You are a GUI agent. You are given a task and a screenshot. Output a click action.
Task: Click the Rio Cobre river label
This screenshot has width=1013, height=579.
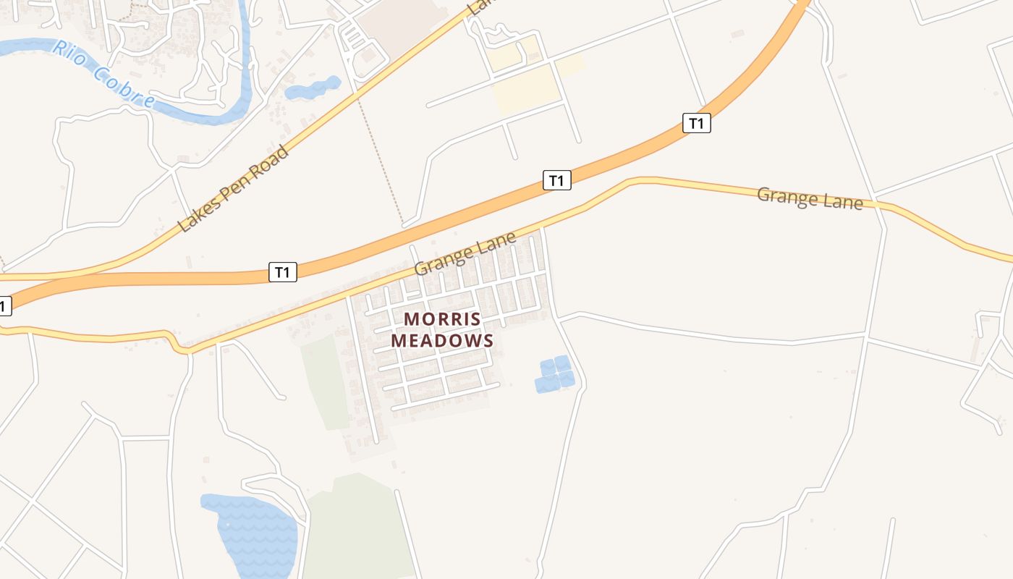[x=105, y=73]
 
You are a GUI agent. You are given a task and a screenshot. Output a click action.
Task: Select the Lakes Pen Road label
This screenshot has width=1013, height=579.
[x=233, y=190]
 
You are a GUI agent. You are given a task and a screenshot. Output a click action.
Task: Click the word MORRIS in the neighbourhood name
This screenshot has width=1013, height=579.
[x=442, y=319]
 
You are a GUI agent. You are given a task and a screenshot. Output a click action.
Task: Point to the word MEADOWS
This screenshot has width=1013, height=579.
[x=442, y=340]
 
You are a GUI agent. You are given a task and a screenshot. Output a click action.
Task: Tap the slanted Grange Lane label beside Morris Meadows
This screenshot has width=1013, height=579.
[x=465, y=253]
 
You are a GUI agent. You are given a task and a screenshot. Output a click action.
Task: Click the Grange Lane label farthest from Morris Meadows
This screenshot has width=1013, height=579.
[x=810, y=198]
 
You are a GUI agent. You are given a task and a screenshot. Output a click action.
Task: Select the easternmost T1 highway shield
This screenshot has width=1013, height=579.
[x=696, y=123]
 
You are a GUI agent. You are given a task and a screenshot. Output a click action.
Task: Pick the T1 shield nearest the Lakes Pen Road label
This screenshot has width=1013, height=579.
[x=283, y=272]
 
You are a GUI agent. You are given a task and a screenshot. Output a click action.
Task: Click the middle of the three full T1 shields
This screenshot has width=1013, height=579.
[x=556, y=180]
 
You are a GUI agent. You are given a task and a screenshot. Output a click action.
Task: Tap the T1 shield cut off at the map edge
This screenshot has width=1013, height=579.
[x=4, y=306]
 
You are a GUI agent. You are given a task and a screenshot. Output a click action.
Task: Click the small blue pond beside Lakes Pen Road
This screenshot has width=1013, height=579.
[x=313, y=88]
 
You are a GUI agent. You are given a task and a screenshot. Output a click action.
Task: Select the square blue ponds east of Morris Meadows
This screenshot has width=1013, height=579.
[x=555, y=373]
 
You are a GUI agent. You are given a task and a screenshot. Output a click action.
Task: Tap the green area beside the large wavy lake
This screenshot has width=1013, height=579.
[x=355, y=528]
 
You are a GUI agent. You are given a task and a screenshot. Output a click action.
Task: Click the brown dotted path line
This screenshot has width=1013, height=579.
[x=380, y=159]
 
